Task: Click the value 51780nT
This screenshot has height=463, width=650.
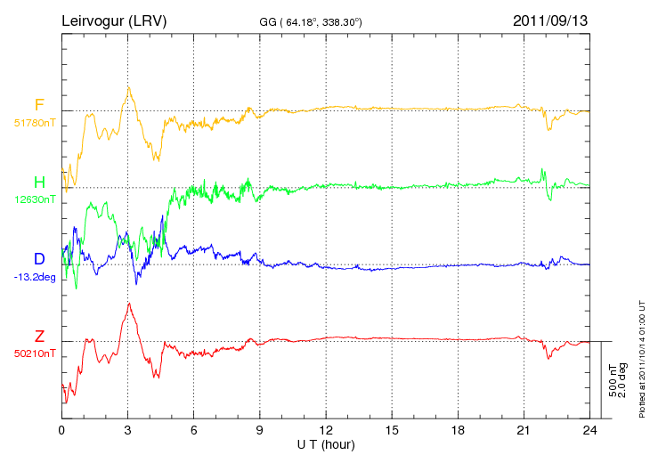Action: [35, 124]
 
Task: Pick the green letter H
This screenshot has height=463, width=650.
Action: [39, 183]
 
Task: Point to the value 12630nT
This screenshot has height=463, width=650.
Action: [35, 200]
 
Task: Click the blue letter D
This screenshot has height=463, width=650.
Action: [39, 259]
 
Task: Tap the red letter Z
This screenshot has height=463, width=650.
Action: [39, 336]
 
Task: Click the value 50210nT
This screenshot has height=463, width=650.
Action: [35, 353]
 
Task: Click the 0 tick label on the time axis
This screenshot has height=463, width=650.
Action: [62, 430]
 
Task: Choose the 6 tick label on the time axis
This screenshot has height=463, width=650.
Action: [194, 430]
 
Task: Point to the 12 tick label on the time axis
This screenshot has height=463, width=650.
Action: [326, 430]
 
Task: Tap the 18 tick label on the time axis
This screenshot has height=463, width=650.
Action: [458, 430]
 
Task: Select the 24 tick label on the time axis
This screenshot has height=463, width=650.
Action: [589, 430]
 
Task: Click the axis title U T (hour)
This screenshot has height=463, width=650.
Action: [326, 443]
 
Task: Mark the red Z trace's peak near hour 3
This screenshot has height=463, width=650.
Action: [130, 304]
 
